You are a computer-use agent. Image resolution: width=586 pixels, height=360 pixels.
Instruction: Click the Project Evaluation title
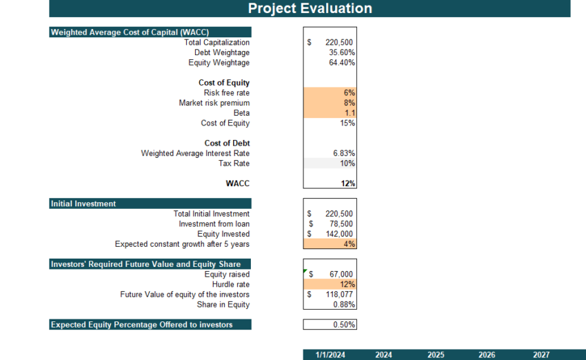coord(310,8)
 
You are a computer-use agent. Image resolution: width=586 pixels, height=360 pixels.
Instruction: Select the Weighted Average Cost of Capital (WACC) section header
coord(130,32)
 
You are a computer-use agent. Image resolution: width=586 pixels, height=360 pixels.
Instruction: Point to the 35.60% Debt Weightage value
coord(342,52)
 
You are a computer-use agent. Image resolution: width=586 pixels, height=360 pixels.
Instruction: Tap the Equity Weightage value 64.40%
coord(342,63)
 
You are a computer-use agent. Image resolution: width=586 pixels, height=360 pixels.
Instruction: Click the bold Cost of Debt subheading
coord(227,143)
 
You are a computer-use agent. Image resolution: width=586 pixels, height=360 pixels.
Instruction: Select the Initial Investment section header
coord(83,203)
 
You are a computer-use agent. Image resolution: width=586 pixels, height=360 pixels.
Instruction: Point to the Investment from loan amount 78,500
coord(341,224)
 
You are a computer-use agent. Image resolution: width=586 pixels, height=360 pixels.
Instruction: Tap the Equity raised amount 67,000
coord(341,274)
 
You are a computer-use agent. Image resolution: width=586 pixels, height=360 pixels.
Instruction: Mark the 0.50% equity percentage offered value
coord(343,325)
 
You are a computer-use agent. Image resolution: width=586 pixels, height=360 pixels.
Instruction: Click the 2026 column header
coord(487,354)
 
